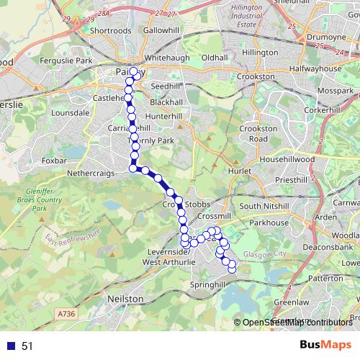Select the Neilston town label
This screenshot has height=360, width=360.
click(125, 297)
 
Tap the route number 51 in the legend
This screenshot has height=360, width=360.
click(27, 346)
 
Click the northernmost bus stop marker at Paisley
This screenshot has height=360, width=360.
click(133, 71)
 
